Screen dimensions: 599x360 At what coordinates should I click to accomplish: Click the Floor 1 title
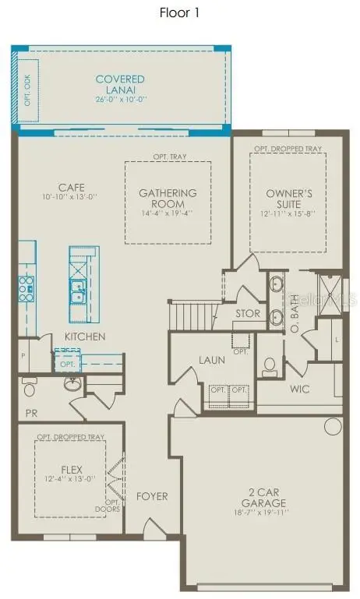(x=180, y=12)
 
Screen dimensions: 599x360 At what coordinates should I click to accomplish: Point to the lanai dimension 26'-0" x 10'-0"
(x=122, y=100)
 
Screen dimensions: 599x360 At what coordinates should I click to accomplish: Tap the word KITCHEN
(x=85, y=336)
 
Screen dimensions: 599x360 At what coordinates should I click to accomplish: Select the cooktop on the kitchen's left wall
(x=26, y=287)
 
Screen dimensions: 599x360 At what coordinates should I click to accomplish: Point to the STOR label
(x=248, y=313)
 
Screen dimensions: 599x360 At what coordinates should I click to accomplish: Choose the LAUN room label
(x=211, y=360)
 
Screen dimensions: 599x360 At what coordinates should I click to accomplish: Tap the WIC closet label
(x=302, y=387)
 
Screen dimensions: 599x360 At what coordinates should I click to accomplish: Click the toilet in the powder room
(x=30, y=387)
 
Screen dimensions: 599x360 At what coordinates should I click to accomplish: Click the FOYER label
(x=152, y=495)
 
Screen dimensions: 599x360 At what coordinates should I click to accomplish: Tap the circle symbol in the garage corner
(x=333, y=425)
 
